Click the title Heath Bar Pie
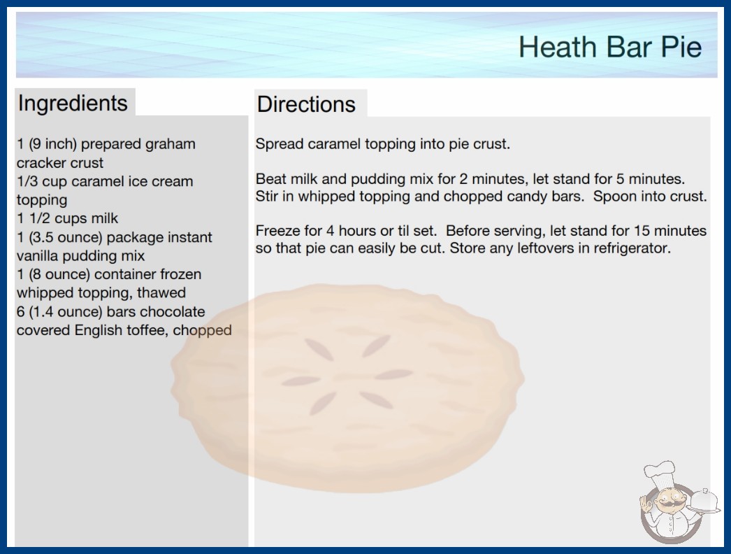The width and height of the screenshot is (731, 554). [610, 47]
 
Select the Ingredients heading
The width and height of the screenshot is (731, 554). [73, 104]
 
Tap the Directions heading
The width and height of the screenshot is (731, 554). [306, 104]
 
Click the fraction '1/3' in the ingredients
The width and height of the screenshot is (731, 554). [27, 181]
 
